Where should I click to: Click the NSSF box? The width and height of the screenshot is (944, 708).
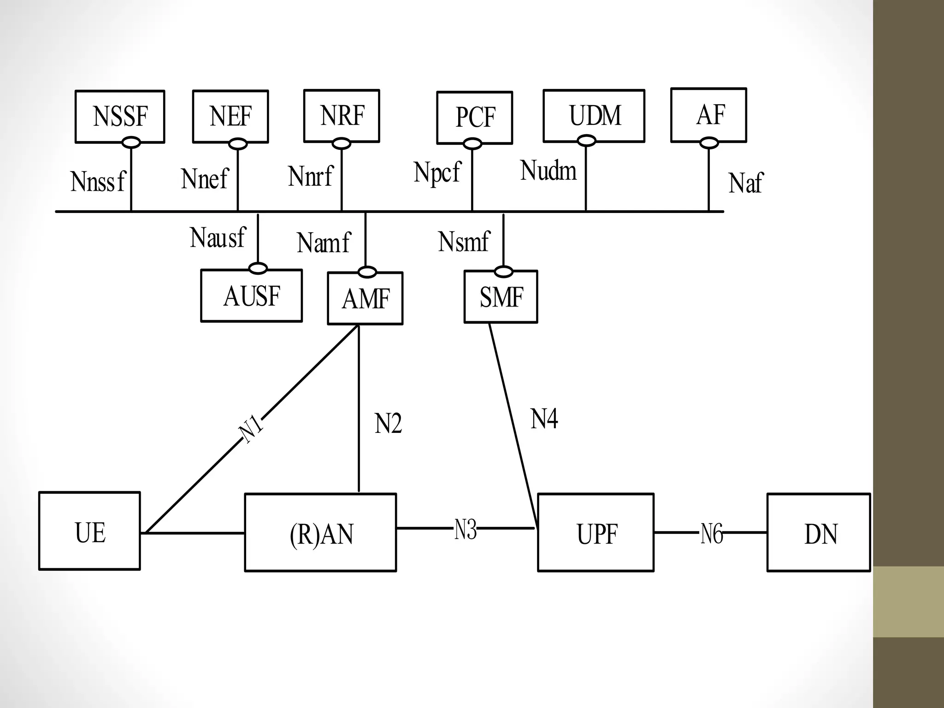point(120,116)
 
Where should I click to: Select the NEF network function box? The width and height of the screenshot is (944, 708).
point(230,116)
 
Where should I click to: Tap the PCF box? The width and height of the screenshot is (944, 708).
point(474,117)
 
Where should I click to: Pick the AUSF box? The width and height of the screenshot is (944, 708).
point(251,295)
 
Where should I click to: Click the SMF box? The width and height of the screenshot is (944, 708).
point(501,297)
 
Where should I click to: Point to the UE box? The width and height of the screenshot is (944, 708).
point(89,531)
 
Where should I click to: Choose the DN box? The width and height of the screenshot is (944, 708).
point(819,532)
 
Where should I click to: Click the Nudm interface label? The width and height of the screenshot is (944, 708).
point(548,171)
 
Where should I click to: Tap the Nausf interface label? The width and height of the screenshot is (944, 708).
point(218,238)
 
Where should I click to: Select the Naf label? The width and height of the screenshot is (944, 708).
point(745,183)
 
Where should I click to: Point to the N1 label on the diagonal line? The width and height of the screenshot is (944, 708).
point(251,430)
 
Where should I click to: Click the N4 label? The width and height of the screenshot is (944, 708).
point(544,419)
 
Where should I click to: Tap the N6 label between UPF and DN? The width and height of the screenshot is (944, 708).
point(711,534)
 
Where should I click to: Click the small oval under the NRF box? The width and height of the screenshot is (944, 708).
point(342,144)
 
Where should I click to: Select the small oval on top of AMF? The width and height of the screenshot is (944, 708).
point(367,272)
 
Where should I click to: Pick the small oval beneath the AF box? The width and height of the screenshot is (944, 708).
point(709,143)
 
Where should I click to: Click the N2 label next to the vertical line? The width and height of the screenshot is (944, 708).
point(388,424)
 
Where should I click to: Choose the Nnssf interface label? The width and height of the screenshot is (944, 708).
point(98,182)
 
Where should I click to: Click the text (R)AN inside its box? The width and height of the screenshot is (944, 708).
point(321,534)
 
